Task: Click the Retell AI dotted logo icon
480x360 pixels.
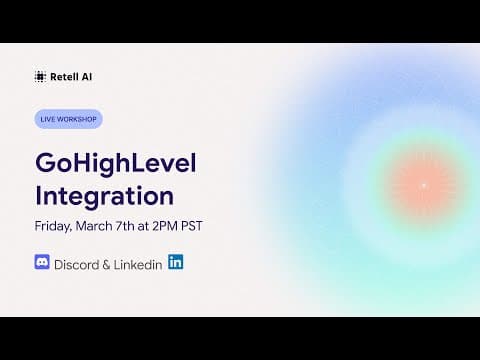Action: click(x=40, y=77)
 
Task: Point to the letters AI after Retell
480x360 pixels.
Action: click(x=87, y=77)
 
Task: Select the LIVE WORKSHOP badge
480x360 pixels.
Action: click(x=68, y=119)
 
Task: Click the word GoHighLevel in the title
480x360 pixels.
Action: click(x=116, y=164)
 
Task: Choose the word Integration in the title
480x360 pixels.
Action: click(x=104, y=196)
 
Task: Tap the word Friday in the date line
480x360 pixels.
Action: click(x=53, y=226)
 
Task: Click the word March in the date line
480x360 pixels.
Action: click(x=94, y=226)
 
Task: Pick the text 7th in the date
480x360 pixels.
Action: click(x=125, y=226)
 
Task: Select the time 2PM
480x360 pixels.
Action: click(x=165, y=226)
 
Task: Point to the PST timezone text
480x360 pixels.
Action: click(x=192, y=226)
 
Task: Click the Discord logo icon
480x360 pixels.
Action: click(x=42, y=262)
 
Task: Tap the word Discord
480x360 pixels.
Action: click(x=77, y=265)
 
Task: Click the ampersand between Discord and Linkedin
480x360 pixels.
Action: click(x=106, y=265)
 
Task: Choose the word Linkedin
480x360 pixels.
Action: click(x=138, y=265)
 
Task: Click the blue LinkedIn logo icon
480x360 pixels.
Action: click(x=176, y=262)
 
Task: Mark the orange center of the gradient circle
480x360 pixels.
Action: click(x=424, y=185)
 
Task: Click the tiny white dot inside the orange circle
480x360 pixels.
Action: click(x=424, y=185)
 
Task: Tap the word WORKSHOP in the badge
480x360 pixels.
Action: click(x=77, y=119)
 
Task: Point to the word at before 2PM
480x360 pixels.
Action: click(x=143, y=226)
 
